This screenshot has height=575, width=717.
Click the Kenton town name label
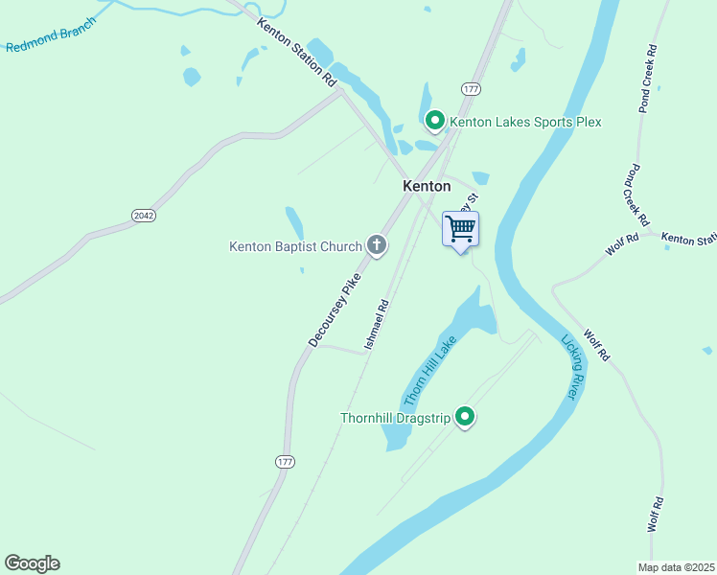point(427,186)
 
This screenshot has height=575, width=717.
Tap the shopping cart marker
point(460,230)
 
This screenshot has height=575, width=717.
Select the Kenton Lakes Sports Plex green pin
point(434,121)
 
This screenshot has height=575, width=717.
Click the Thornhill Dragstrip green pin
point(465,417)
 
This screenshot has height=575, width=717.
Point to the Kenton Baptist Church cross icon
point(377,246)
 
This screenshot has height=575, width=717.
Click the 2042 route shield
point(144,216)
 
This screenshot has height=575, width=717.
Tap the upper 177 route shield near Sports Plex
point(470,88)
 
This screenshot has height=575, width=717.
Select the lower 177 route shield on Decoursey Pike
point(285,462)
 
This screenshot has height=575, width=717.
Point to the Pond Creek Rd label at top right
point(648,80)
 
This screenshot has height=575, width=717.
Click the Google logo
point(32,563)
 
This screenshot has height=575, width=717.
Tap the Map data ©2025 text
point(676,567)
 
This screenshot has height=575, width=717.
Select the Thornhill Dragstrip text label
point(396,418)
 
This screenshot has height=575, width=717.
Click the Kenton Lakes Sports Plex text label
point(525,122)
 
